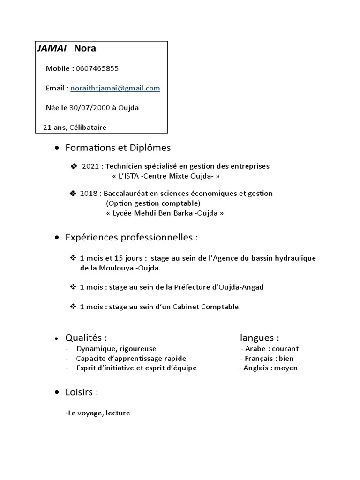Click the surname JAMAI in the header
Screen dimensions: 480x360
pyautogui.click(x=51, y=48)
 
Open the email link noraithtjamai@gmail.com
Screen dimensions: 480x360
pyautogui.click(x=115, y=88)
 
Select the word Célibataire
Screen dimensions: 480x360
pyautogui.click(x=88, y=127)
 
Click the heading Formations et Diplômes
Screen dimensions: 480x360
pyautogui.click(x=118, y=148)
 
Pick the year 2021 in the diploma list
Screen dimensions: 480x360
pyautogui.click(x=91, y=166)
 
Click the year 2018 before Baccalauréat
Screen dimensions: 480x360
pyautogui.click(x=89, y=193)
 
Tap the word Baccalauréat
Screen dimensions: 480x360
pyautogui.click(x=127, y=193)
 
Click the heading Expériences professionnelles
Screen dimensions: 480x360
pyautogui.click(x=131, y=238)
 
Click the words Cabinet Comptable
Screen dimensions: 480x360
pyautogui.click(x=206, y=307)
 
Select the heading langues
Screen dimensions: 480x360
pyautogui.click(x=260, y=337)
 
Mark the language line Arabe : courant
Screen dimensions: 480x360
pyautogui.click(x=270, y=349)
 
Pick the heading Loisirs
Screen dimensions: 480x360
pyautogui.click(x=82, y=392)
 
